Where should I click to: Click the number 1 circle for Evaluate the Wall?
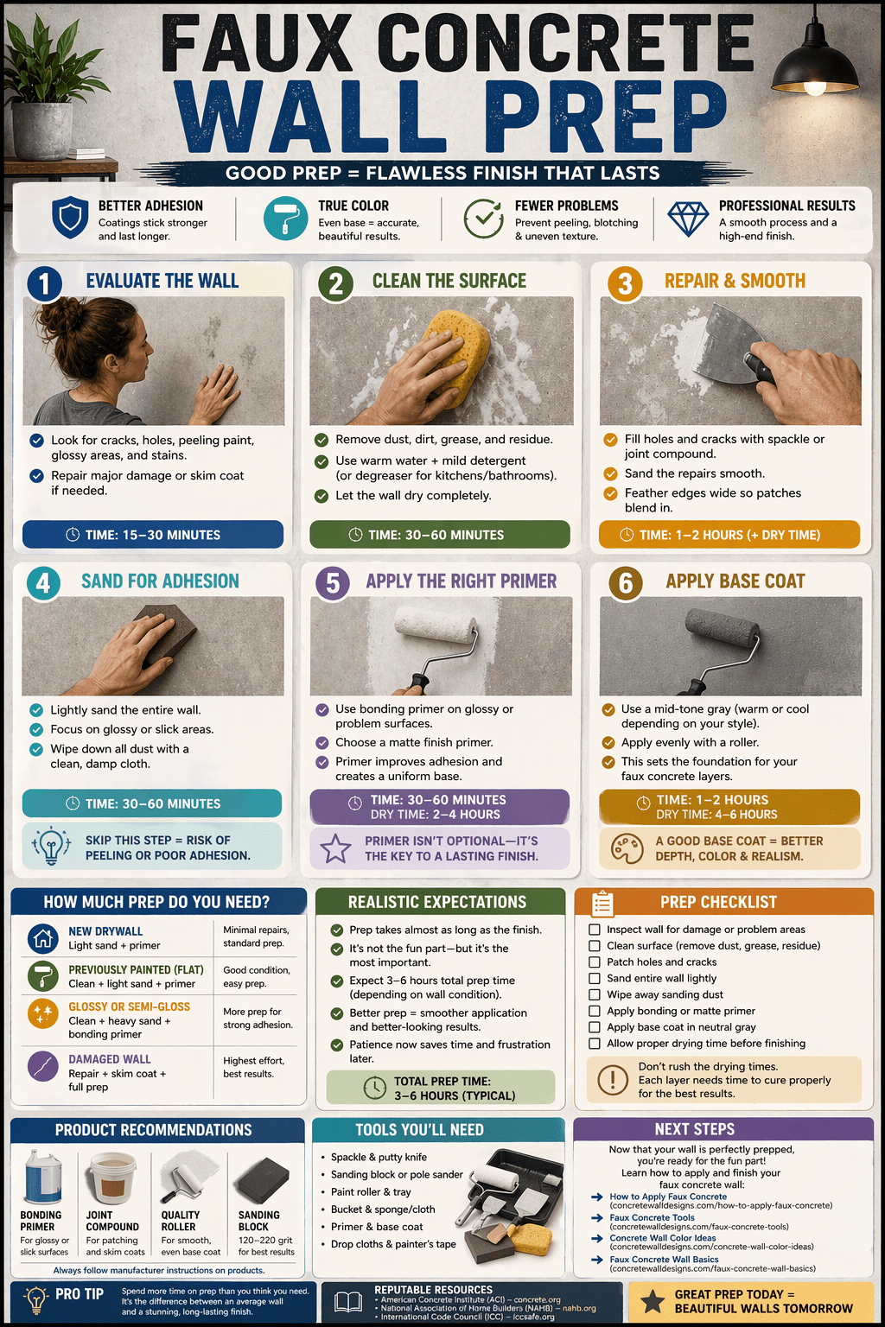point(44,283)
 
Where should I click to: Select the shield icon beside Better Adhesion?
point(70,218)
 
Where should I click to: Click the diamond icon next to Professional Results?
point(688,219)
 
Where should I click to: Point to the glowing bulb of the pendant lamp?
point(814,87)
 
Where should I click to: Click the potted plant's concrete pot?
point(41,130)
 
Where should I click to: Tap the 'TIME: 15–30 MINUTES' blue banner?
point(153,535)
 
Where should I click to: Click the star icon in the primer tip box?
point(335,848)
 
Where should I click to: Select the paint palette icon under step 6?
point(627,848)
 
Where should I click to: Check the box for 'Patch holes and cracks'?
point(594,962)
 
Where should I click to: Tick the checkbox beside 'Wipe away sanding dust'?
point(594,994)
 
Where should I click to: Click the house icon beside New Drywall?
point(42,938)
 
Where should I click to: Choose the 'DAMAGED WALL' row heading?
point(110,1058)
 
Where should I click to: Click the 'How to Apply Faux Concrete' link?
point(668,1196)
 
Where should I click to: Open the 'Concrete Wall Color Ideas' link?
point(663,1237)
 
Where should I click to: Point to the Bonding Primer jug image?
point(42,1177)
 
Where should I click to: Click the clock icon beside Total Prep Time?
point(374,1088)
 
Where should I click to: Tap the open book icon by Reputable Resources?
point(348,1302)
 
